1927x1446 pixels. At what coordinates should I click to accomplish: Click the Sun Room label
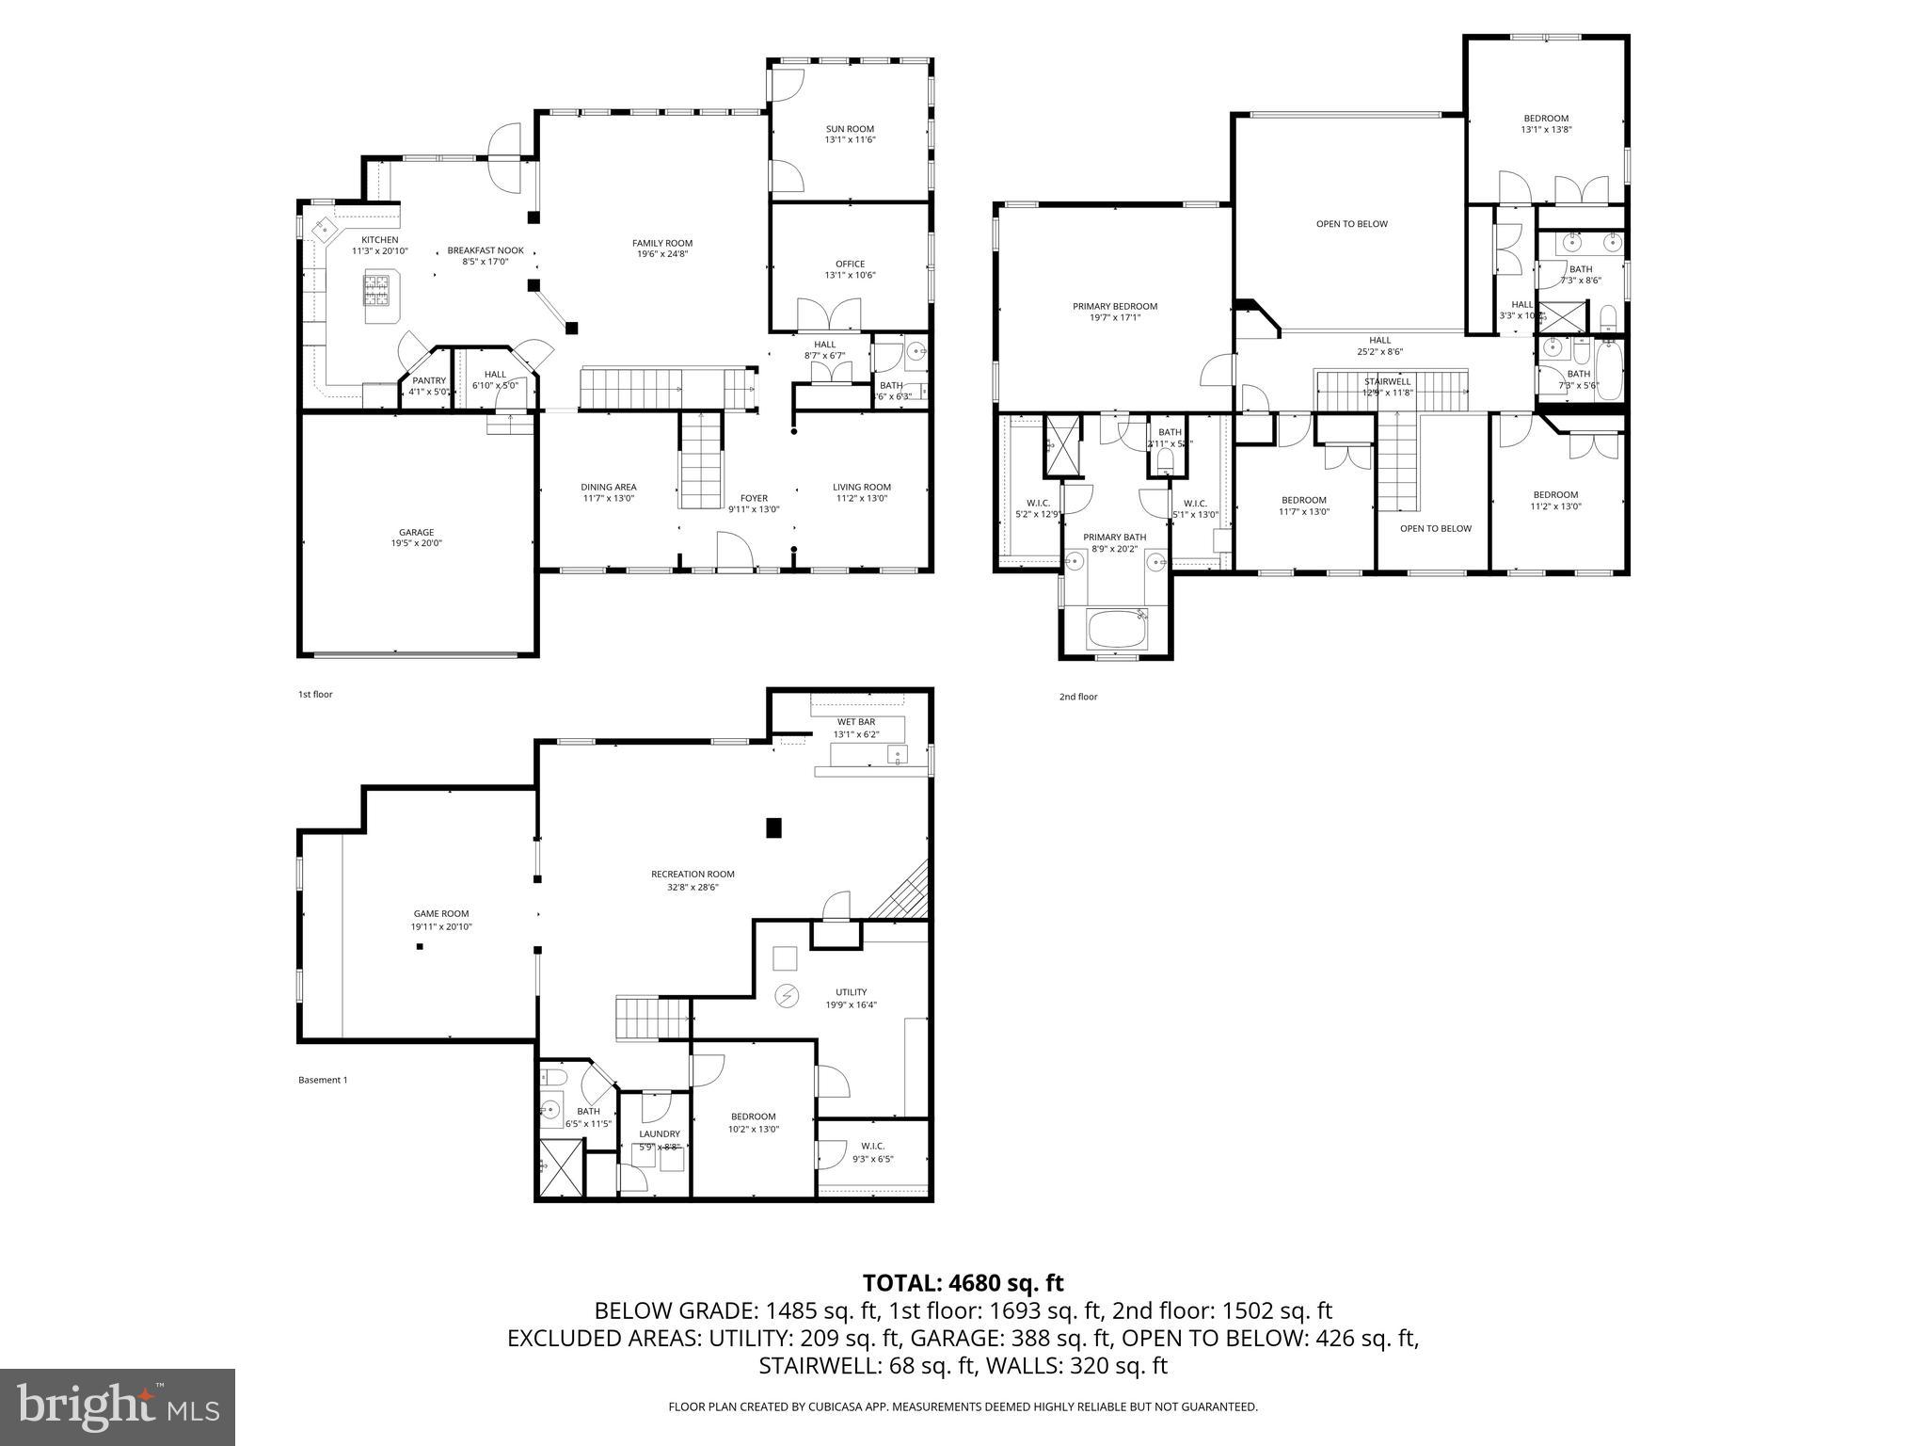tap(850, 129)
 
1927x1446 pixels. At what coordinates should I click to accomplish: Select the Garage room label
tap(416, 532)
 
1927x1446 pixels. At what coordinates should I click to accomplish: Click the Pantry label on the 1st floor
tap(428, 380)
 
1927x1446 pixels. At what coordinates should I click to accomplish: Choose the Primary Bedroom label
tap(1115, 306)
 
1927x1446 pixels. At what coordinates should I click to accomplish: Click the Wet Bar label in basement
tap(856, 722)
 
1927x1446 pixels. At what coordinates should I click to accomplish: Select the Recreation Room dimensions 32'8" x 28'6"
tap(693, 886)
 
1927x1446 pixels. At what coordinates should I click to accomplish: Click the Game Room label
tap(441, 913)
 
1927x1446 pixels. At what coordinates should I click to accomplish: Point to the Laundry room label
tap(659, 1134)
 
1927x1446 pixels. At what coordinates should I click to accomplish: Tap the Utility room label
tap(851, 992)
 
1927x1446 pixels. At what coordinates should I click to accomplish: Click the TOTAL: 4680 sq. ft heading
tap(963, 1282)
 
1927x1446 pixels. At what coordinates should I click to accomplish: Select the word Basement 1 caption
tap(323, 1080)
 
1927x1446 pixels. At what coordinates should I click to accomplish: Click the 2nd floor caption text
tap(1078, 697)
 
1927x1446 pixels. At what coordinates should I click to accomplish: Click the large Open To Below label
tap(1351, 224)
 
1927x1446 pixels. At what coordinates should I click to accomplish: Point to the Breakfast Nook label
tap(486, 250)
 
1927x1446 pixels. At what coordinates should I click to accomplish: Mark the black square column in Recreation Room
tap(774, 827)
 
